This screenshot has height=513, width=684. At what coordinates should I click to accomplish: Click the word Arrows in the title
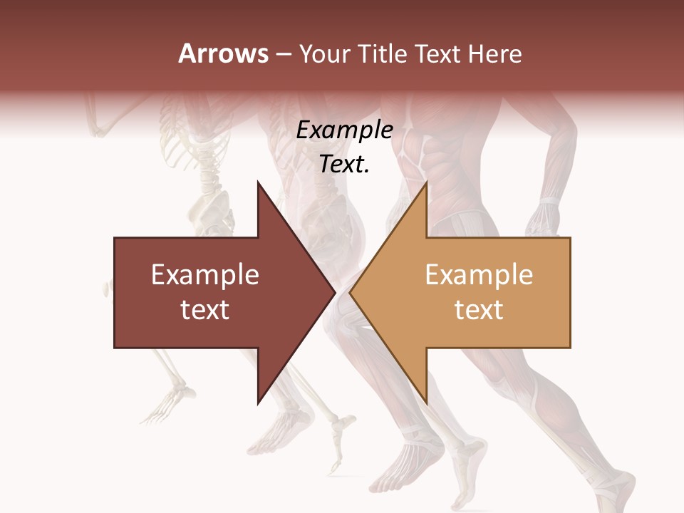coord(224,53)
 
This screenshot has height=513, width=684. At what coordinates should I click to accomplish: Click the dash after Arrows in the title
coord(283,55)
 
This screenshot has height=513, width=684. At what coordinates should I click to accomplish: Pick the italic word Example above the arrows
coord(344,130)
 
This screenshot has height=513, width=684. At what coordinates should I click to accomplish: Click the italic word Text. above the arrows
coord(344,165)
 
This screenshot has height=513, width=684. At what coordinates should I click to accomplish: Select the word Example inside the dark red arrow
coord(205,275)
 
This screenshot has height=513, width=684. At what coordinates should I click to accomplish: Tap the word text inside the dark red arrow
coord(205,310)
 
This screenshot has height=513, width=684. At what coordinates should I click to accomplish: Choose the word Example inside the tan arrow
coord(479,275)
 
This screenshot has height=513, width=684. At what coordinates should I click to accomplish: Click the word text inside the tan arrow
coord(479,310)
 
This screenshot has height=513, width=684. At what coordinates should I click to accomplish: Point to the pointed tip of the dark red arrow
coord(335,293)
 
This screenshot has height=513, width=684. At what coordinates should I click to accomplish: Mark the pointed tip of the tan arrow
coord(350,293)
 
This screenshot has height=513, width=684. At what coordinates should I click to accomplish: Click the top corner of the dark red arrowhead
coord(258,182)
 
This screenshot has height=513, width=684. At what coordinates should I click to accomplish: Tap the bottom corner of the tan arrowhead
coord(426,403)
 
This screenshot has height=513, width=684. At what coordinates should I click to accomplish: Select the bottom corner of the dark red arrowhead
coord(258,403)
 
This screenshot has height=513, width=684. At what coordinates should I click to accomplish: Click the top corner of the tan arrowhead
coord(426,182)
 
